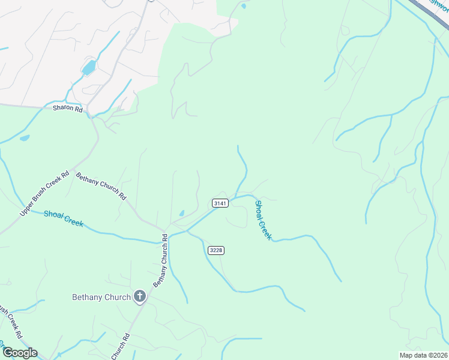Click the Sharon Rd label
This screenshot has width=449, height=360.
pos(67,109)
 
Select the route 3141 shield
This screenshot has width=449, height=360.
pos(220,203)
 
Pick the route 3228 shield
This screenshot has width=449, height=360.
pos(216,250)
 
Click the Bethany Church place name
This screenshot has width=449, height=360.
pos(101,297)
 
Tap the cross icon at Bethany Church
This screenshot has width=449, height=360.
pos(140,296)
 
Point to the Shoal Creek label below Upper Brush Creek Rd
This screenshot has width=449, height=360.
pos(63,219)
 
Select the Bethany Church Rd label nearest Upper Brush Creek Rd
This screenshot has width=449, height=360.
pos(101,186)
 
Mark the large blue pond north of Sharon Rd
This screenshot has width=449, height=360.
pos(88,67)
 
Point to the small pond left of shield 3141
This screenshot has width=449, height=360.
pos(181,213)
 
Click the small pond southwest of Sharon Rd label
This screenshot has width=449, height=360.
pos(25,138)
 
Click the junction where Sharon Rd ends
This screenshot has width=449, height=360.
pos(88,111)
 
